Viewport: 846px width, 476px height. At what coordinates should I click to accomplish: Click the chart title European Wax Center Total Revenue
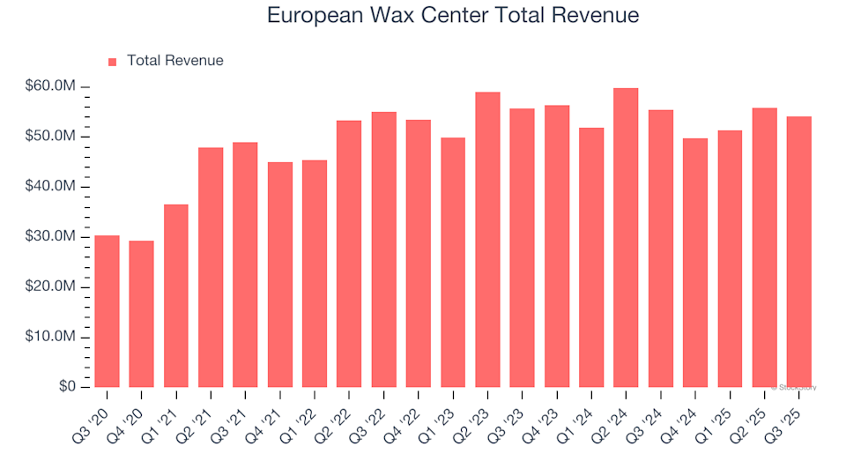pyautogui.click(x=452, y=16)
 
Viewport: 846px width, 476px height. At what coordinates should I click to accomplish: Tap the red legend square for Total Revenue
pyautogui.click(x=112, y=62)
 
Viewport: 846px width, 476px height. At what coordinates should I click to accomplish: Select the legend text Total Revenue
pyautogui.click(x=174, y=61)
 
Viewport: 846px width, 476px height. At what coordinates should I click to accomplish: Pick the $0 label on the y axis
pyautogui.click(x=68, y=388)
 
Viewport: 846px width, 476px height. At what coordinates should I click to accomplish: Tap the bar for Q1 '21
pyautogui.click(x=176, y=295)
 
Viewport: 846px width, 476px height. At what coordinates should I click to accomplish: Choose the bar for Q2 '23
pyautogui.click(x=487, y=240)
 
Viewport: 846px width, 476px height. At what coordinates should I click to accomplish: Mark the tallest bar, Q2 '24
pyautogui.click(x=626, y=238)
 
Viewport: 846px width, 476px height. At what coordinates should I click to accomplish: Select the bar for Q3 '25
pyautogui.click(x=799, y=252)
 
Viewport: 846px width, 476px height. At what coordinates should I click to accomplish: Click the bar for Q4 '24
pyautogui.click(x=695, y=263)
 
